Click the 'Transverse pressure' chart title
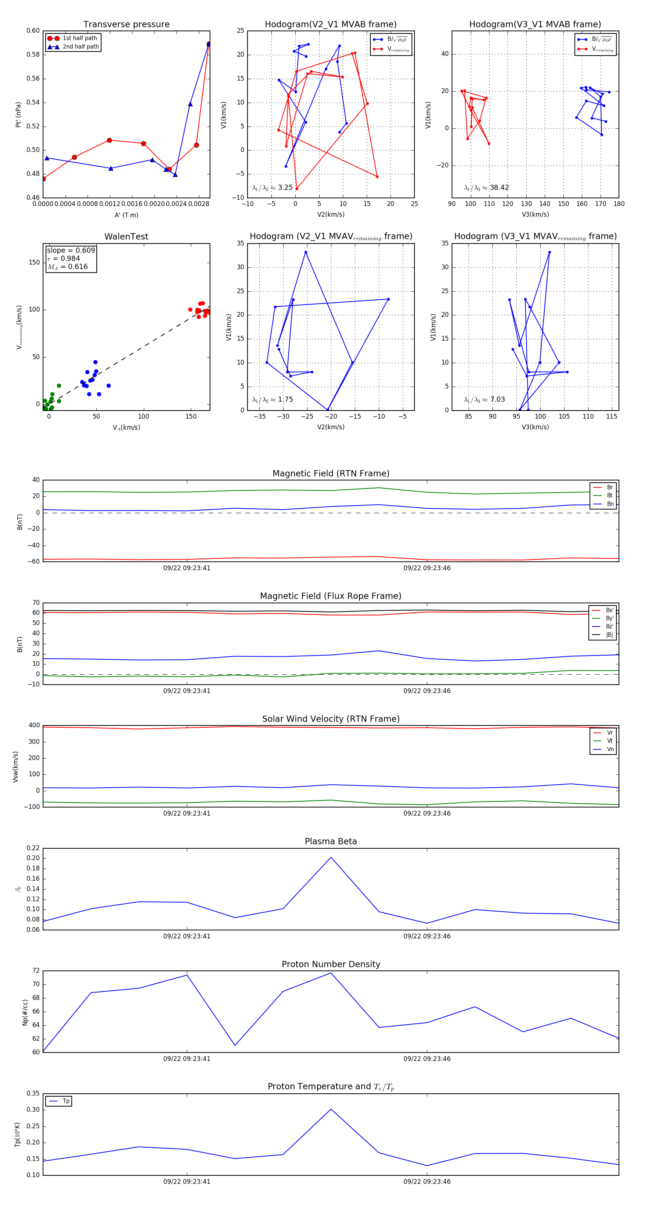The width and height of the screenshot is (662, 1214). [126, 25]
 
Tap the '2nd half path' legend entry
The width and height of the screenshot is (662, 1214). [81, 47]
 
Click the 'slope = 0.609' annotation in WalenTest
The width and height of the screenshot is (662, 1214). [71, 250]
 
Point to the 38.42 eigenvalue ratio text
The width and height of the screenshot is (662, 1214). [499, 188]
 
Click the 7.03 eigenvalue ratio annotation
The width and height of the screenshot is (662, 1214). [497, 400]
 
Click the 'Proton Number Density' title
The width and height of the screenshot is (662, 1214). [331, 964]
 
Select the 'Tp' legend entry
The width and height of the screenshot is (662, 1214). [66, 1101]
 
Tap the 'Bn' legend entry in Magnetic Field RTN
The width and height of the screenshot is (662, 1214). [610, 504]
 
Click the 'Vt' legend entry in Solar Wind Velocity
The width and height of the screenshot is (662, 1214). [610, 741]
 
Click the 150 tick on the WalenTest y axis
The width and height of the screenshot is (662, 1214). [35, 263]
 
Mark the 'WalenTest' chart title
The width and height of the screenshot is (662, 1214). [126, 237]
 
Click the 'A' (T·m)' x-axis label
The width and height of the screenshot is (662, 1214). [126, 215]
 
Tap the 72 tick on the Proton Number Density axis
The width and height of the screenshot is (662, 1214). [36, 971]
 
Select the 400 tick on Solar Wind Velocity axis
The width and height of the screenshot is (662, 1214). [34, 725]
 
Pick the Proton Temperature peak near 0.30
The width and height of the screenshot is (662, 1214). [331, 1110]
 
